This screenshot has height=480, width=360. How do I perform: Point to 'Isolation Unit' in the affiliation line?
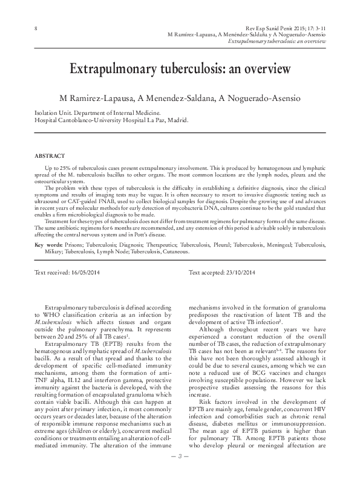(x=50, y=113)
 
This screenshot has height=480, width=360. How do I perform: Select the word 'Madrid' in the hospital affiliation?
(x=175, y=120)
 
